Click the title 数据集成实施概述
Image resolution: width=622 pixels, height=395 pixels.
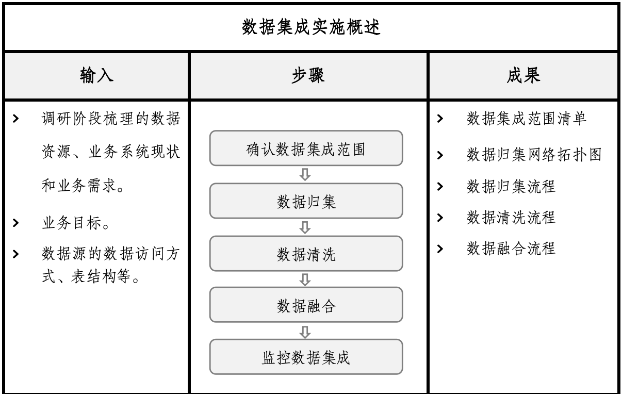point(310,27)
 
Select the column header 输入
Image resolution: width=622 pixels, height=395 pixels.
point(96,75)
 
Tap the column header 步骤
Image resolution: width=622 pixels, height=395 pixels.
point(308,75)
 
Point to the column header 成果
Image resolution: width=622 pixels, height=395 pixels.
point(523,75)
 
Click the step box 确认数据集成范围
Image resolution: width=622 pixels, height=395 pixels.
point(306,148)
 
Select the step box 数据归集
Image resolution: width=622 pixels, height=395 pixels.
point(306,201)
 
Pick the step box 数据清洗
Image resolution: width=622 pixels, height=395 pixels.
point(306,253)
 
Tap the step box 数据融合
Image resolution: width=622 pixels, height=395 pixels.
point(306,305)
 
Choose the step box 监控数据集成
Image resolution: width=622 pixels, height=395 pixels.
point(306,357)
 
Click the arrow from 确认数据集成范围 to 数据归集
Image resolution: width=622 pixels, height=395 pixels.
point(305,175)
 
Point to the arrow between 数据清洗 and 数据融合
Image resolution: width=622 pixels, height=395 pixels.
point(305,279)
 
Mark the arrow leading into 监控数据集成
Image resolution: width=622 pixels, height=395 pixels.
point(305,332)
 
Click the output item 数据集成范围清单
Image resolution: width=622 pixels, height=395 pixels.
point(526,119)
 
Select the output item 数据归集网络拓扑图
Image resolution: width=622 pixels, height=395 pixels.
point(534,155)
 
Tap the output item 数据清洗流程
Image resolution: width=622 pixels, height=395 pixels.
point(511,217)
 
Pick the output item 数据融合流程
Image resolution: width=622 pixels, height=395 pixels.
point(511,249)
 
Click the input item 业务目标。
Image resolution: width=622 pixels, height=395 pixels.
point(75,223)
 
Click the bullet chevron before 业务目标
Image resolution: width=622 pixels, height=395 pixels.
point(16,223)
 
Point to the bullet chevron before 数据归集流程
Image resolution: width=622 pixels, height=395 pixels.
point(440,186)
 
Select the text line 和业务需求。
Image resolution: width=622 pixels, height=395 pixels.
point(83,186)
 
